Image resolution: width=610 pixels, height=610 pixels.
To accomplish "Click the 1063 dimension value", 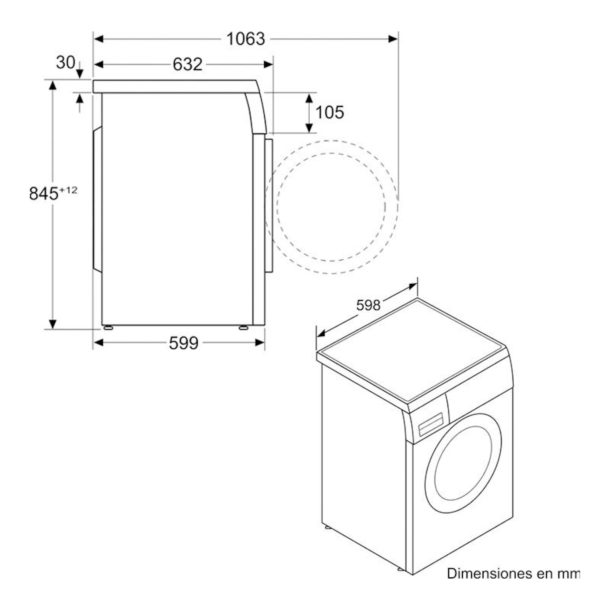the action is [245, 39].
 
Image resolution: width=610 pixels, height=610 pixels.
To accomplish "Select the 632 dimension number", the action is [187, 64].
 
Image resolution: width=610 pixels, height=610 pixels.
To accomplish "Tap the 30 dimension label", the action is [66, 62].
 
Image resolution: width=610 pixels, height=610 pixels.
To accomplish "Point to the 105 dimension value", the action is [330, 112].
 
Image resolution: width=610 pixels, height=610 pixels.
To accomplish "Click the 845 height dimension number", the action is [44, 193].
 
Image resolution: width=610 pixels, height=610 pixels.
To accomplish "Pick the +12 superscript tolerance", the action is [68, 190].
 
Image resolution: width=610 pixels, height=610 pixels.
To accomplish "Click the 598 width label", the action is [368, 305].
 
